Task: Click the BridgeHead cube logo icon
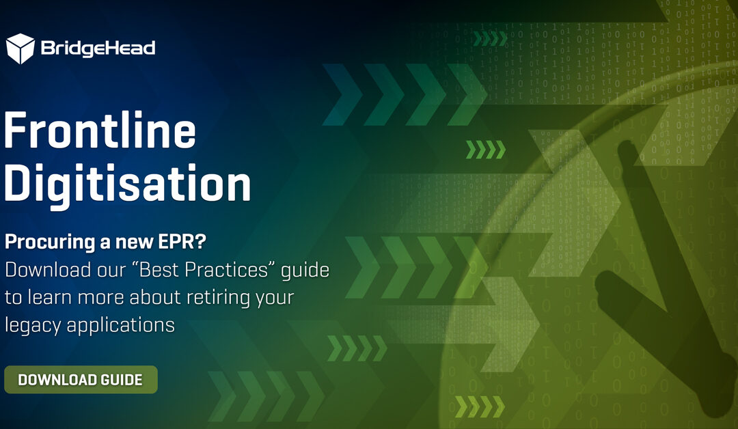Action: tap(20, 49)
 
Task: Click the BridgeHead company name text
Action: tap(98, 49)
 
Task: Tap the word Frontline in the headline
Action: tap(100, 130)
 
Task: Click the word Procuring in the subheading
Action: tap(50, 243)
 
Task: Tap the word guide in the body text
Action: tap(305, 271)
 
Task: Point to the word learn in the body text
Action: tap(50, 297)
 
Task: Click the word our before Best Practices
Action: tap(111, 271)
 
